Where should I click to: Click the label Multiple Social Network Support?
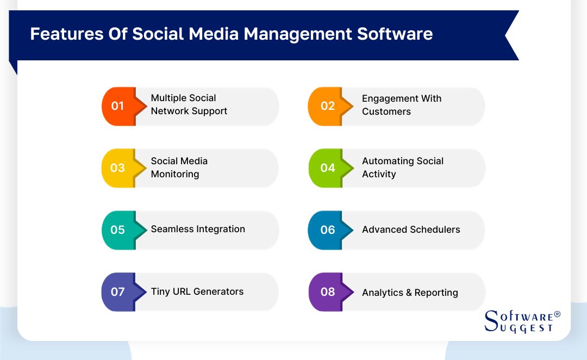point(189,104)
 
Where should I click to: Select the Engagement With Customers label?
point(402,105)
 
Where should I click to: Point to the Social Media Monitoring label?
point(179,167)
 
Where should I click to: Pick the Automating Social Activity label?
point(402,167)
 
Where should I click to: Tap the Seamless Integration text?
point(198,229)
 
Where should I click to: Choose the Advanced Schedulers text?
point(411,229)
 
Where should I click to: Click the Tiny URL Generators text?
point(197,291)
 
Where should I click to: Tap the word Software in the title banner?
point(395,34)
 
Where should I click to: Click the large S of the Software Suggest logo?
point(491,321)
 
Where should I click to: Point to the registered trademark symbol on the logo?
point(557,314)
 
